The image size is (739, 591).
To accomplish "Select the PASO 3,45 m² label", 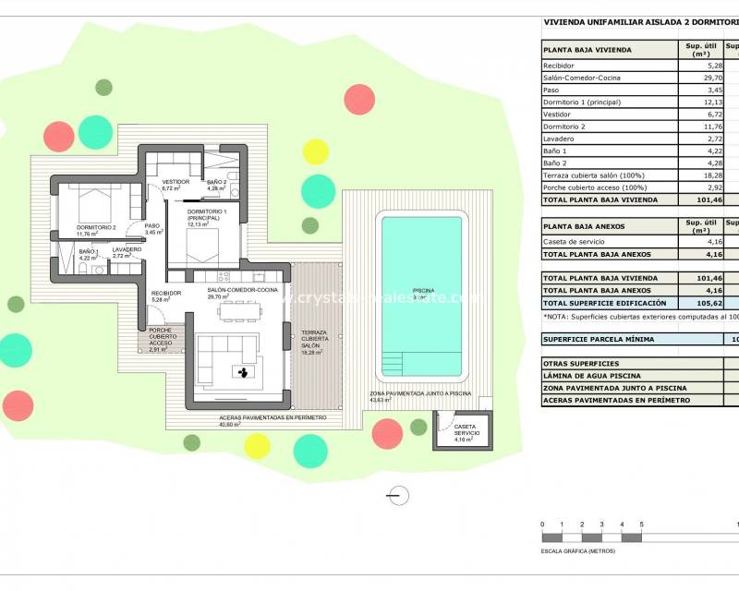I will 151,228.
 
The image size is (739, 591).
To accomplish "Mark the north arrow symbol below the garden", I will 398,497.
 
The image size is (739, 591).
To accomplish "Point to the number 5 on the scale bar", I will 641,525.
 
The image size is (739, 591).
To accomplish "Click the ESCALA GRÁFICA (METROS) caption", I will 579,551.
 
